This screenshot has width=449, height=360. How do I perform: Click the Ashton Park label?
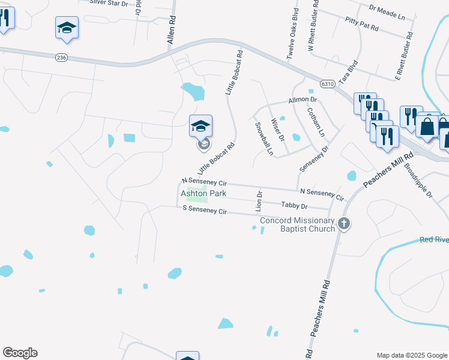[x=203, y=194]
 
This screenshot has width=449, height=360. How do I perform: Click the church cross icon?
[x=344, y=224]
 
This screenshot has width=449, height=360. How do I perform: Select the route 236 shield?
[x=61, y=58]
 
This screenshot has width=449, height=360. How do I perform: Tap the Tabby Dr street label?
[x=294, y=205]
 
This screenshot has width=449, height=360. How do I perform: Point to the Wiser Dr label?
[x=277, y=129]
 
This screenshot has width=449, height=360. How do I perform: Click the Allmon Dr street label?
[x=303, y=100]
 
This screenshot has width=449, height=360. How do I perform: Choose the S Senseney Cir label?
[x=205, y=211]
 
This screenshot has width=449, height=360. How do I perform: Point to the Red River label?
[x=434, y=239]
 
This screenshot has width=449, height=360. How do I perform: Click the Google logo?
[x=20, y=353]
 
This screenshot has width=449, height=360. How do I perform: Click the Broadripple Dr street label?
[x=418, y=181]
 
